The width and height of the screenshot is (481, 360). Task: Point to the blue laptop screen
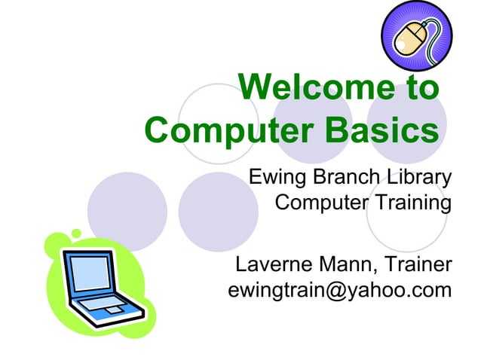click(x=91, y=273)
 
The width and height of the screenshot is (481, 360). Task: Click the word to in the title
click(x=420, y=89)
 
